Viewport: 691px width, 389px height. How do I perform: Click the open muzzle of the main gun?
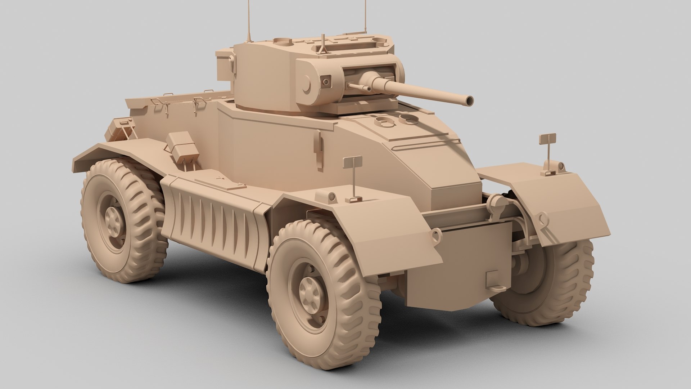469,101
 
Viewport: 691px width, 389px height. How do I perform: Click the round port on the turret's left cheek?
326,81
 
